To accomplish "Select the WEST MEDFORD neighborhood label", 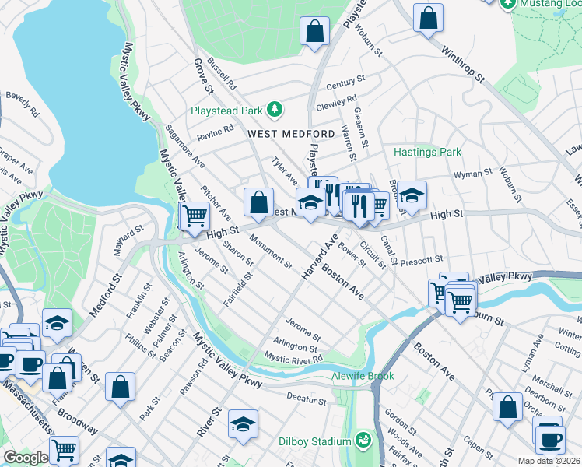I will click(291, 134).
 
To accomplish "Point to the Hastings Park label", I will click(428, 152).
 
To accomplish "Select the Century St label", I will click(345, 83).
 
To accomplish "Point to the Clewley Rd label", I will click(336, 100).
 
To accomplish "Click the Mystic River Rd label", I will click(293, 358).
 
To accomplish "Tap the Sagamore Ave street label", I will click(186, 146).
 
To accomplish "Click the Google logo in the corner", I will click(25, 458).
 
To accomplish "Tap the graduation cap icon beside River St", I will click(243, 424).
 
